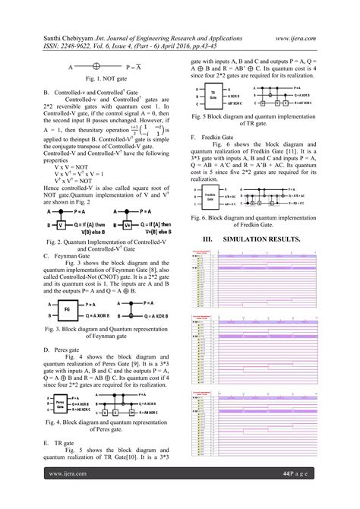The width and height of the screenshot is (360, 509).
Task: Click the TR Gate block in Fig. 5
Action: [x=216, y=97]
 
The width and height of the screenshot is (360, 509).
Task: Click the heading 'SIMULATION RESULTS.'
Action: [x=261, y=218]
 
